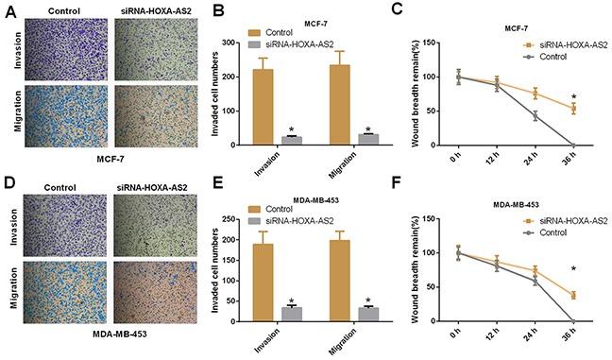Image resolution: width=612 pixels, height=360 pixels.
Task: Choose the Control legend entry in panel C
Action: click(x=559, y=55)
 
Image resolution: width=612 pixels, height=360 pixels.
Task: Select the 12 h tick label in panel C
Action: click(x=497, y=160)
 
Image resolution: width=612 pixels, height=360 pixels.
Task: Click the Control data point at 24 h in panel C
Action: click(x=535, y=116)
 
